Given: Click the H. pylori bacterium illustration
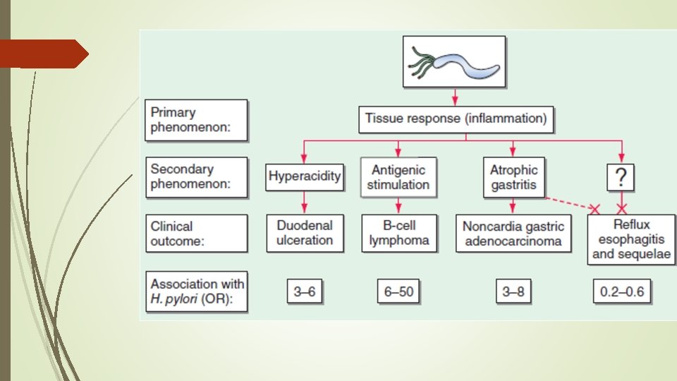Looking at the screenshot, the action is coord(454,62).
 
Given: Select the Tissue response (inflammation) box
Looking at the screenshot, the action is coord(456,119).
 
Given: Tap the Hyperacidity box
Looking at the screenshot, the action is coord(305,176).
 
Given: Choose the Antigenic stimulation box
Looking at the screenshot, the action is coord(398,177).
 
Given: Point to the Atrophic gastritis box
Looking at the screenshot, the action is coord(514,177).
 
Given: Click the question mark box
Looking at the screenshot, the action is coord(621,177).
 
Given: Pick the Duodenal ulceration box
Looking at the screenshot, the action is coord(305,234).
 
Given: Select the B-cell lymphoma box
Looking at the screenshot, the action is coord(399,234).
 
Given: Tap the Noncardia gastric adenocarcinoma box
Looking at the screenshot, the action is coord(513,234).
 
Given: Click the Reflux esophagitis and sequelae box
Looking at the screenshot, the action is coord(631,239).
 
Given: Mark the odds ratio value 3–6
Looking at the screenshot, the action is coord(305,291).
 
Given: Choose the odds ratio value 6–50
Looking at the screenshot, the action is coord(398,291).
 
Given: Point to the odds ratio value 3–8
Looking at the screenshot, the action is coord(513,291).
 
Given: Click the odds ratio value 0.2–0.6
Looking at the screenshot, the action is coord(622,291).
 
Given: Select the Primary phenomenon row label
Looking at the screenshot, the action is coord(197,120).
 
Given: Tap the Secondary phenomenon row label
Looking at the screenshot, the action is coord(197,177).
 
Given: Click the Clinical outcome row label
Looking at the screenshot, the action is coord(197,234).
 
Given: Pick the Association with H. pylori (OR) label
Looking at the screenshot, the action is coord(197,291).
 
